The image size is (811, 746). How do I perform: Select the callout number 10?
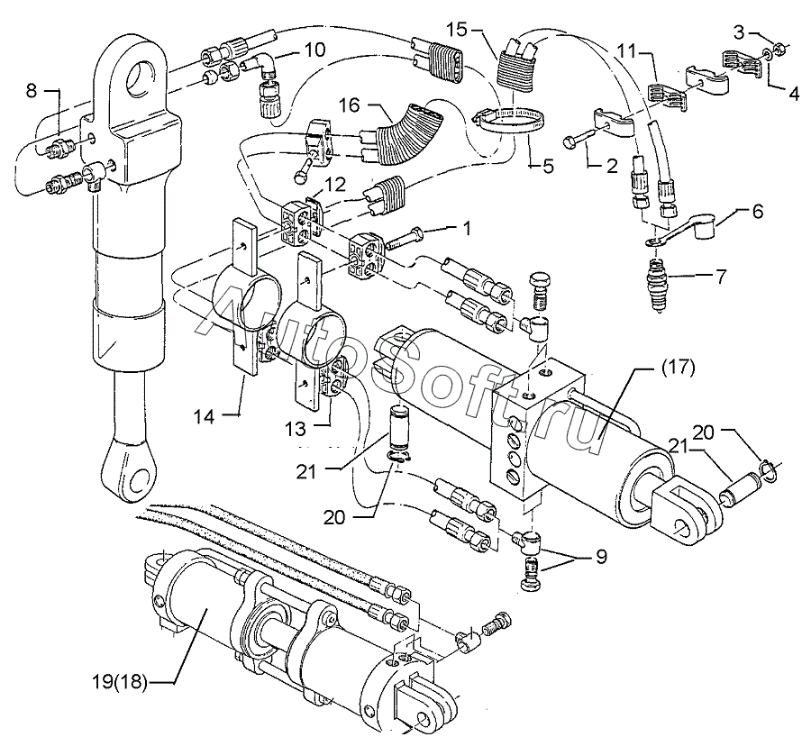click(x=314, y=50)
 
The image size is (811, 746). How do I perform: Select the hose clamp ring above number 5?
click(x=503, y=120)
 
